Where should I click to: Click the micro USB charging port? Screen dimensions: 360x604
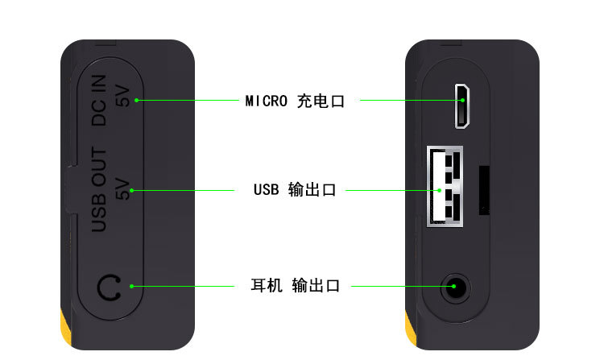463,106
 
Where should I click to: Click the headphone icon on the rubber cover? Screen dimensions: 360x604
108,287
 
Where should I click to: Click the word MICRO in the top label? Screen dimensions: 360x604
266,101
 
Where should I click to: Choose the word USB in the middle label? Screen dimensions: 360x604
266,191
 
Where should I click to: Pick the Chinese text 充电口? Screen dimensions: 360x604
321,101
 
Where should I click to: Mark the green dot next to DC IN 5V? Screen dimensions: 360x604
137,100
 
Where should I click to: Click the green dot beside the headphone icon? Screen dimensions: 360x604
131,286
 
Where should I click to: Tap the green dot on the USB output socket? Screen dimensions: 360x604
439,191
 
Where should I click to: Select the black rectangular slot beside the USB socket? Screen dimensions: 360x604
485,190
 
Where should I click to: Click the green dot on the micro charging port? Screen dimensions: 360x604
463,101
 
